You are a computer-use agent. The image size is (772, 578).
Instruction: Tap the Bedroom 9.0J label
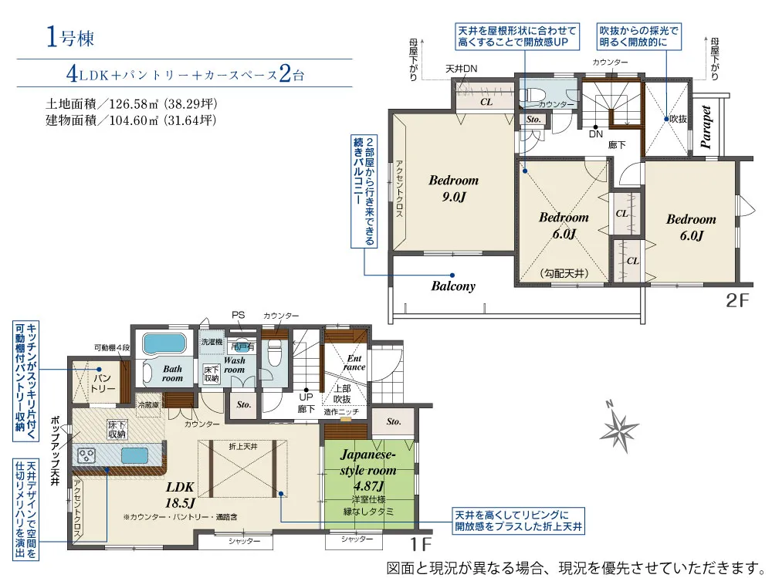pyautogui.click(x=453, y=188)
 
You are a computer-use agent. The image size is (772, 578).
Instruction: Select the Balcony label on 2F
pyautogui.click(x=452, y=286)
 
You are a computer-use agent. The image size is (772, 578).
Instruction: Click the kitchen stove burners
pyautogui.click(x=86, y=455)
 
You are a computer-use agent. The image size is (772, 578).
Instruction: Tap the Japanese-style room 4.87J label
pyautogui.click(x=369, y=470)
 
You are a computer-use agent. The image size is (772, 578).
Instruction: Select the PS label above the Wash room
pyautogui.click(x=238, y=315)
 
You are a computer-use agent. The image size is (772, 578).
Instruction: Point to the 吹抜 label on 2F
pyautogui.click(x=678, y=119)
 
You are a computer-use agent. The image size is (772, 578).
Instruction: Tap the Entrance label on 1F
pyautogui.click(x=354, y=363)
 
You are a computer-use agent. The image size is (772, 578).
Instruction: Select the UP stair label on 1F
pyautogui.click(x=306, y=397)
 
